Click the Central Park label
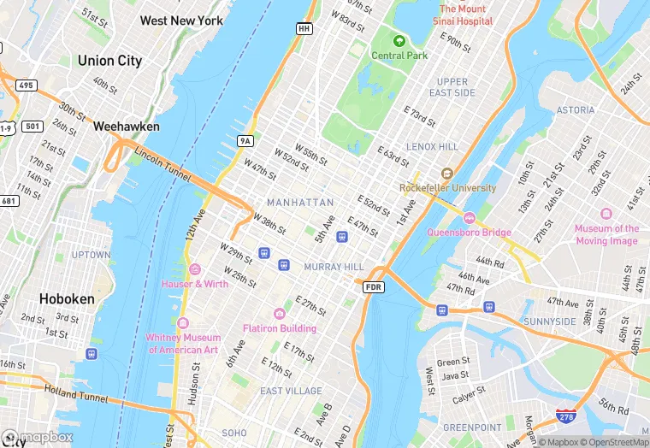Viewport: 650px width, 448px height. (x=399, y=56)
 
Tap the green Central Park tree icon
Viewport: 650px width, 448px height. (x=399, y=40)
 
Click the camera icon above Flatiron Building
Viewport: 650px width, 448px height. (x=279, y=314)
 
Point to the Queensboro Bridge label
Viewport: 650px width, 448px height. (x=470, y=233)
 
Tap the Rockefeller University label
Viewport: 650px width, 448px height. (x=447, y=188)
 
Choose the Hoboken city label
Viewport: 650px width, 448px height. (x=66, y=299)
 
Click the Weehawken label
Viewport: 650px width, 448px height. (x=127, y=126)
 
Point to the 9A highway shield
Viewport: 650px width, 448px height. (x=245, y=140)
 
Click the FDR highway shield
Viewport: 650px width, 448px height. (x=373, y=287)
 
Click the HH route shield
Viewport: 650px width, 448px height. (x=304, y=28)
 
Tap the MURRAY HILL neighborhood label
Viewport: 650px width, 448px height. (x=334, y=267)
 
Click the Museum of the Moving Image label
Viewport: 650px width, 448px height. (x=606, y=234)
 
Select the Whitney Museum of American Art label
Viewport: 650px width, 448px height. (x=182, y=344)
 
